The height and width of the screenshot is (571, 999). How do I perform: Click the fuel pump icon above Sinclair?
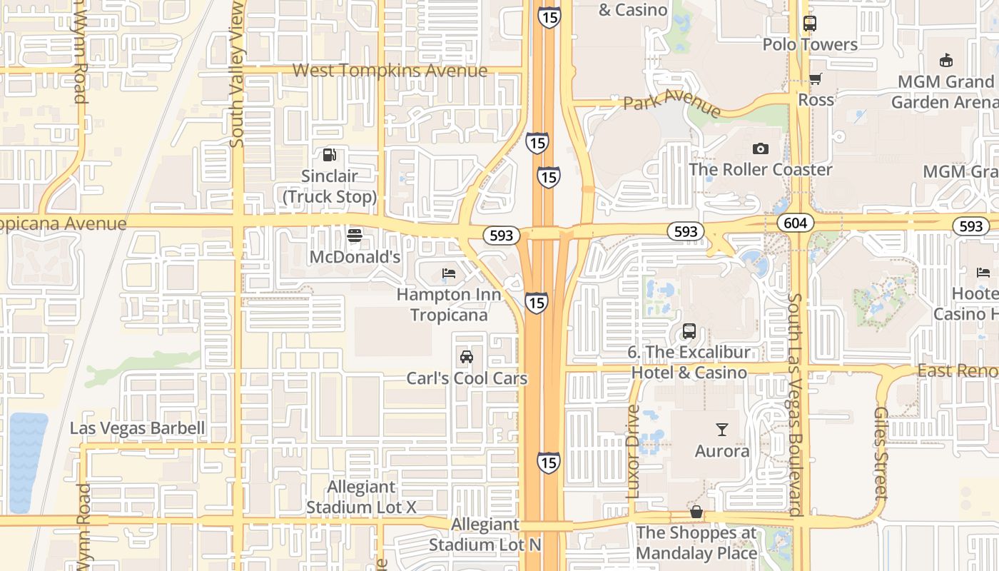pyautogui.click(x=330, y=154)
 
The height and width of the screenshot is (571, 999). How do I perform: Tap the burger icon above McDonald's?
pyautogui.click(x=355, y=235)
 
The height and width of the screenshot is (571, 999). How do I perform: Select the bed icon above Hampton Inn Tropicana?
pyautogui.click(x=449, y=273)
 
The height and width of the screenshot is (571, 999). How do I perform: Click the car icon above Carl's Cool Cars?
pyautogui.click(x=467, y=357)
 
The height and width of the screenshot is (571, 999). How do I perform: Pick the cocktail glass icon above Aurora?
pyautogui.click(x=722, y=430)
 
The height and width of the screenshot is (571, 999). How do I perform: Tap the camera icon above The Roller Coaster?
pyautogui.click(x=761, y=148)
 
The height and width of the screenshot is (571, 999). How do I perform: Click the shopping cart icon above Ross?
pyautogui.click(x=815, y=79)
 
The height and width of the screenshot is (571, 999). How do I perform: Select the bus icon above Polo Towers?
pyautogui.click(x=809, y=23)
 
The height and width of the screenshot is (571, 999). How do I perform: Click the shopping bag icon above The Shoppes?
pyautogui.click(x=696, y=512)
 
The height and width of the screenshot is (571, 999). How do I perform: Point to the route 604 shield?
pyautogui.click(x=795, y=223)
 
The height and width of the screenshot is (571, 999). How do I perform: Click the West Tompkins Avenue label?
pyautogui.click(x=390, y=71)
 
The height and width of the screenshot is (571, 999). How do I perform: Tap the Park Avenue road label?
pyautogui.click(x=672, y=102)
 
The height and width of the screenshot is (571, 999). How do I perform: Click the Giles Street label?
pyautogui.click(x=881, y=453)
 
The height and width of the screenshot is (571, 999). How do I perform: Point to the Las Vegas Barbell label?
pyautogui.click(x=137, y=428)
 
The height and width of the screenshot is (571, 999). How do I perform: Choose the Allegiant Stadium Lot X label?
pyautogui.click(x=361, y=497)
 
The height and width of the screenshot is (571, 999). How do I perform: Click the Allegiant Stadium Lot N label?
pyautogui.click(x=485, y=535)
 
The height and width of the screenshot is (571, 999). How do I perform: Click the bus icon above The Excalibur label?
pyautogui.click(x=689, y=331)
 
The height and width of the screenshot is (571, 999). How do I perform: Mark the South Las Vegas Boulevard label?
pyautogui.click(x=796, y=404)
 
